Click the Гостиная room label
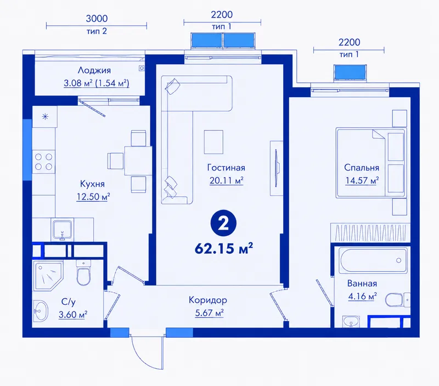226,168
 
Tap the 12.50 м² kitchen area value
93,197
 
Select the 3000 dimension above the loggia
97,19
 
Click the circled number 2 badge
223,223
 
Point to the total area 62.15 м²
224,248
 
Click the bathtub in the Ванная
373,260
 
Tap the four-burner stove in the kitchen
44,162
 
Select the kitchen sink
63,230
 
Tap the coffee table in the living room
213,142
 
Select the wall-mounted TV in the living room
277,168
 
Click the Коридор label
208,300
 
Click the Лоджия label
94,70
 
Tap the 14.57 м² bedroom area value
362,180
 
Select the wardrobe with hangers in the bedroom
370,232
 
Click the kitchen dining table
138,161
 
